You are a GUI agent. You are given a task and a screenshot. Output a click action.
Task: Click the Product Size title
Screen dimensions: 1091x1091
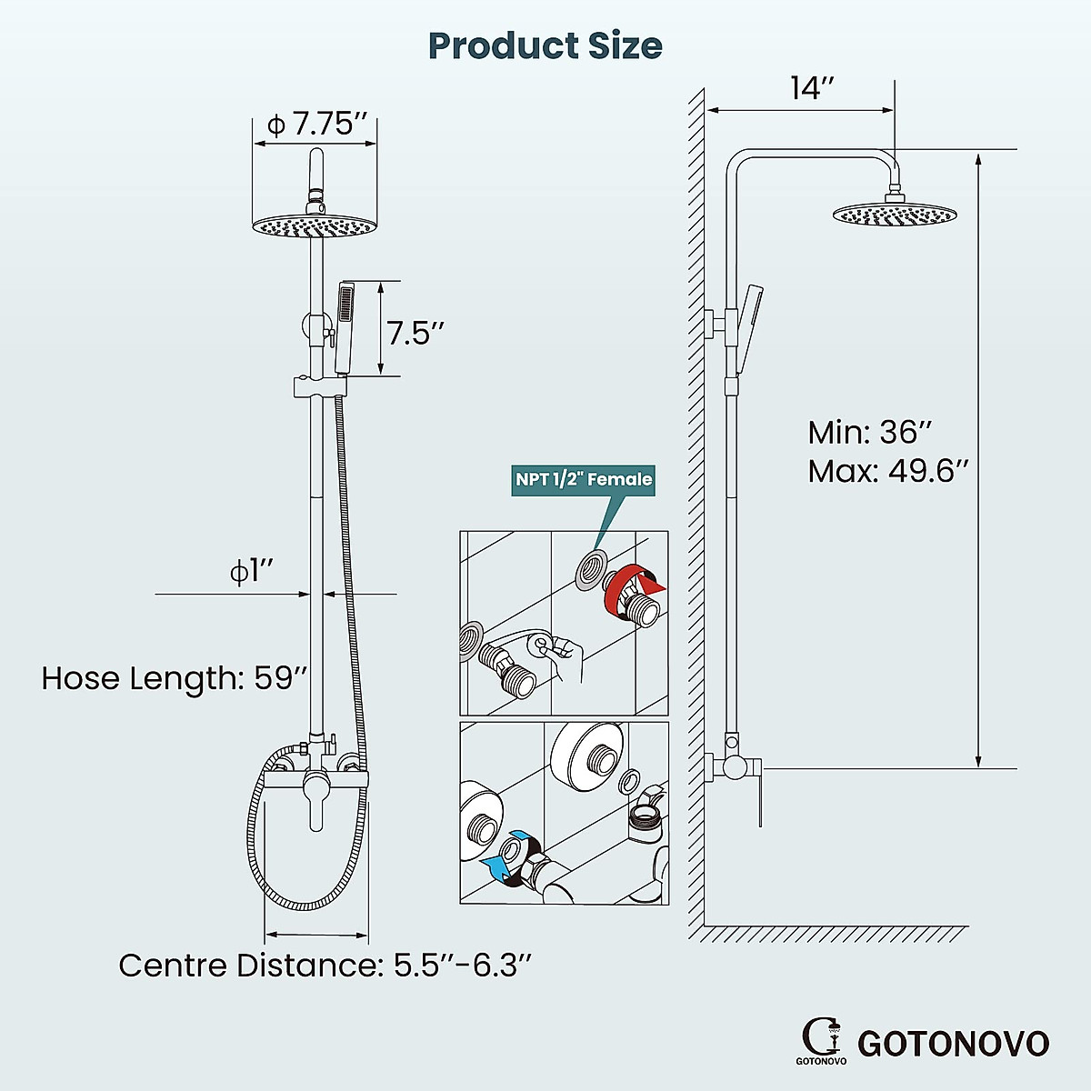coord(545,45)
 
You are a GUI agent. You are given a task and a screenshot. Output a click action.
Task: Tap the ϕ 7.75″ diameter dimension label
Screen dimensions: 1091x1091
coord(315,124)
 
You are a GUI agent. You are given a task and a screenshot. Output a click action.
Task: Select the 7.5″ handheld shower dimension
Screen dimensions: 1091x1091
coord(415,333)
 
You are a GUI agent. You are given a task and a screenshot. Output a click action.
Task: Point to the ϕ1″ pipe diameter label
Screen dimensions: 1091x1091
coord(251,572)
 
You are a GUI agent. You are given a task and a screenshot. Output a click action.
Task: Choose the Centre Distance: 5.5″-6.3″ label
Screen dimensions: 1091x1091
coord(325,965)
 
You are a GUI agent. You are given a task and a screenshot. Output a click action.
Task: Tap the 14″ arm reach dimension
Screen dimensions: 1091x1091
coord(812,89)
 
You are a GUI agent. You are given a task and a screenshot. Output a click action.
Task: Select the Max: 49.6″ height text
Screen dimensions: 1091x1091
coord(888,472)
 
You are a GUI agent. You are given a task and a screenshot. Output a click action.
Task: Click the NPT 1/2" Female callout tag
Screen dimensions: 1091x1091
coord(584,479)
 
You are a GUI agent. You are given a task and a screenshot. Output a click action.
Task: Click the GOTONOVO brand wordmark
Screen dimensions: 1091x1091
coord(953,1044)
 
